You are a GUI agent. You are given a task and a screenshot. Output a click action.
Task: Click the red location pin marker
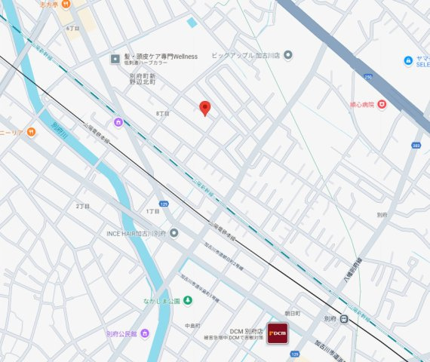pos(204,109)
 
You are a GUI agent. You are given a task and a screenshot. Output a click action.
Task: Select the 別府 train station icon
pos(343,319)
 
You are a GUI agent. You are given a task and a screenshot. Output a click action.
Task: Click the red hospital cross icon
pos(381,104)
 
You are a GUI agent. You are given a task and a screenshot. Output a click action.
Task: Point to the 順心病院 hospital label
pos(361,104)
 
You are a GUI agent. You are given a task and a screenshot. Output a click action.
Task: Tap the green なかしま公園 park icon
pos(188,301)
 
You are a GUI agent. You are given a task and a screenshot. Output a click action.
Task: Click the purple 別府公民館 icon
pos(144,333)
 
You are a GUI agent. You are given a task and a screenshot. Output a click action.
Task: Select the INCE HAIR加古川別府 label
pos(136,233)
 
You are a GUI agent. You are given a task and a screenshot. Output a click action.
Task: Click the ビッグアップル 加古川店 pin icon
pos(287,55)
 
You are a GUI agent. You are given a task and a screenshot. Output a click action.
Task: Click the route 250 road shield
pos(368,76)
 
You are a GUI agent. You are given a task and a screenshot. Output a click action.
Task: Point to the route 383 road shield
pos(416,146)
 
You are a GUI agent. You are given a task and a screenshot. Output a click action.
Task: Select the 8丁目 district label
pos(162,113)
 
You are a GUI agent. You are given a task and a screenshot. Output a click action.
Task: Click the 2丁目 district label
pos(82,206)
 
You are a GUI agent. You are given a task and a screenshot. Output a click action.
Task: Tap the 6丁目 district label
pos(72,28)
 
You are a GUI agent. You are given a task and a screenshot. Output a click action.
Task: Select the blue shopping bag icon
pos(408,60)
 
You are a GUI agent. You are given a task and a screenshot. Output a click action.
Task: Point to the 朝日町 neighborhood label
pos(292,313)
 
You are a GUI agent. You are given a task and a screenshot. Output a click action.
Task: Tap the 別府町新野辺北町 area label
pos(141,81)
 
